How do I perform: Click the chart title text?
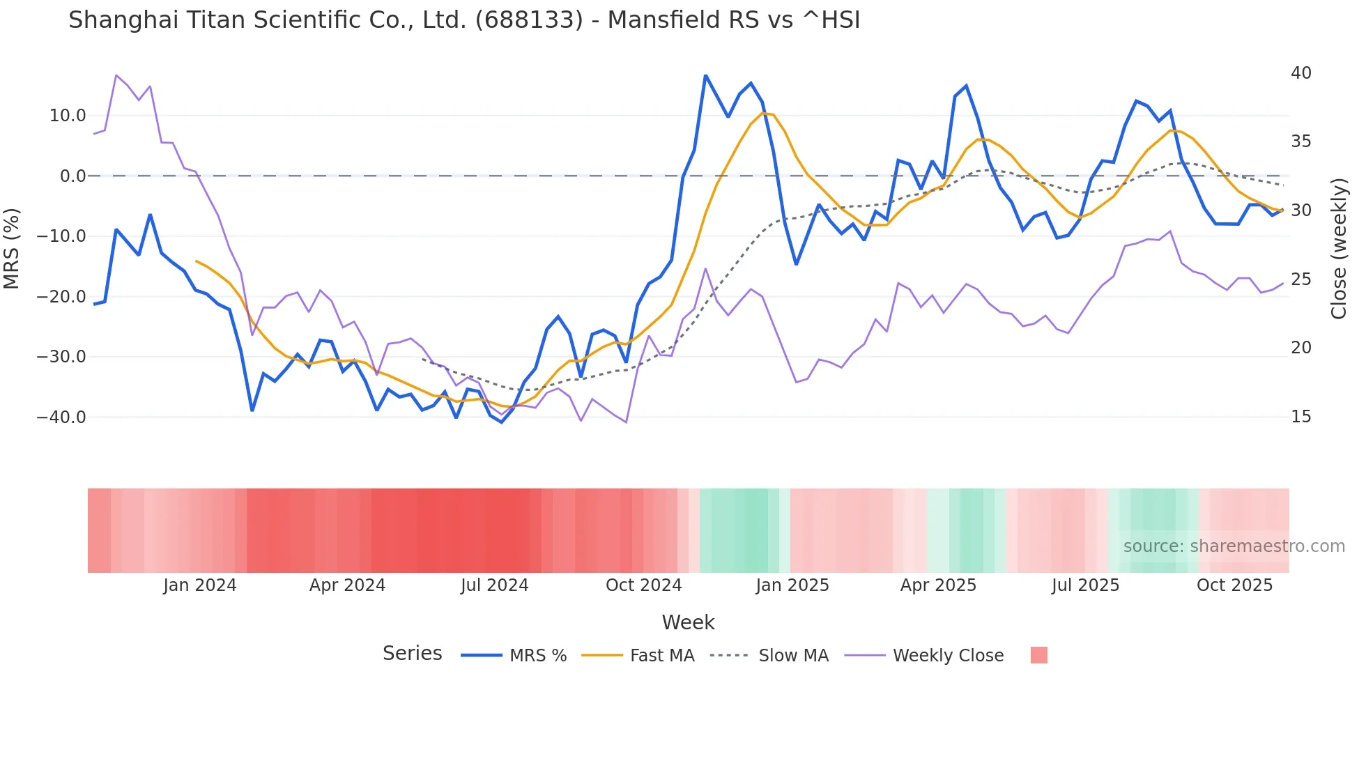464,20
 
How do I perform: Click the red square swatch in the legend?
1038,655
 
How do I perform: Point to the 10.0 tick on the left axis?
68,116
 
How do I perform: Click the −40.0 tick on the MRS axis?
61,417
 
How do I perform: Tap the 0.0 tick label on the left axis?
72,176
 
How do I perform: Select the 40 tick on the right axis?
1300,73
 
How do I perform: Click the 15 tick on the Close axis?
1300,417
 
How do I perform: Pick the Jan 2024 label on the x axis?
200,585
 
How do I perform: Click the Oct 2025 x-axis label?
1234,585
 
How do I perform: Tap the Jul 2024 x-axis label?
494,585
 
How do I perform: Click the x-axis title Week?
688,622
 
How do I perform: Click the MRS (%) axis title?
12,248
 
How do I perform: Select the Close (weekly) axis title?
1339,248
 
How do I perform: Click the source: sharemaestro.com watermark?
1234,546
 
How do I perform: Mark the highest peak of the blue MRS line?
705,75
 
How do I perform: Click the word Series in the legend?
412,654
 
